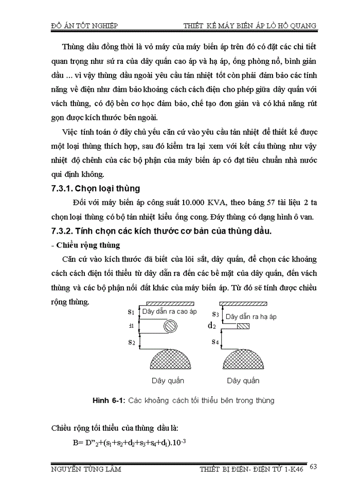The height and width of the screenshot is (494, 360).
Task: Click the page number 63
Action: tap(315, 467)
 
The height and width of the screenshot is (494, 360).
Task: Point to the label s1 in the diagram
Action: tap(131, 311)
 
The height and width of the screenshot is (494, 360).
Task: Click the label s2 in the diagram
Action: tap(131, 342)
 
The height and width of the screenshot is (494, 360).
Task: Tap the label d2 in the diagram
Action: tap(211, 326)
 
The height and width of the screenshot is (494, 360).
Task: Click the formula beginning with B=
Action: tap(129, 442)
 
